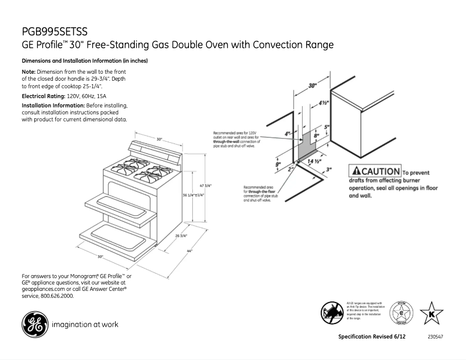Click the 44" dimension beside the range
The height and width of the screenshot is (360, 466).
tap(189, 251)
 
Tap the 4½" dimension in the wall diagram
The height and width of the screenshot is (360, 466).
tap(324, 103)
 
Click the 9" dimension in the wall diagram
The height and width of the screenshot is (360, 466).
tap(278, 164)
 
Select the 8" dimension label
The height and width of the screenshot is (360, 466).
tap(317, 137)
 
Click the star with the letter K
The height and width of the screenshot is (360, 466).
tap(431, 314)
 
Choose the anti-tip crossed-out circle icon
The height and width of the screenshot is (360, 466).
tap(332, 313)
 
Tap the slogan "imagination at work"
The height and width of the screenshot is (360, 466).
tap(85, 325)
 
